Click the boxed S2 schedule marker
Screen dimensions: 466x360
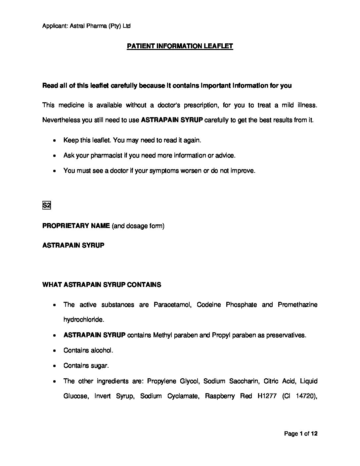click(46, 206)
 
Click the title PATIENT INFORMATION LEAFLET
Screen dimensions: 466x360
click(180, 46)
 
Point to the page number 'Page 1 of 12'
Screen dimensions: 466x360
click(301, 434)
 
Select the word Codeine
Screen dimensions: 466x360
click(209, 304)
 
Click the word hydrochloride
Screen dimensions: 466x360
click(84, 320)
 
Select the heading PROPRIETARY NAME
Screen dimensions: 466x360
click(76, 226)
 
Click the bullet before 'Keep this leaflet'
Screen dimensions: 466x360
click(54, 140)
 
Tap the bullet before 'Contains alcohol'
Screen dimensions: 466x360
click(54, 350)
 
